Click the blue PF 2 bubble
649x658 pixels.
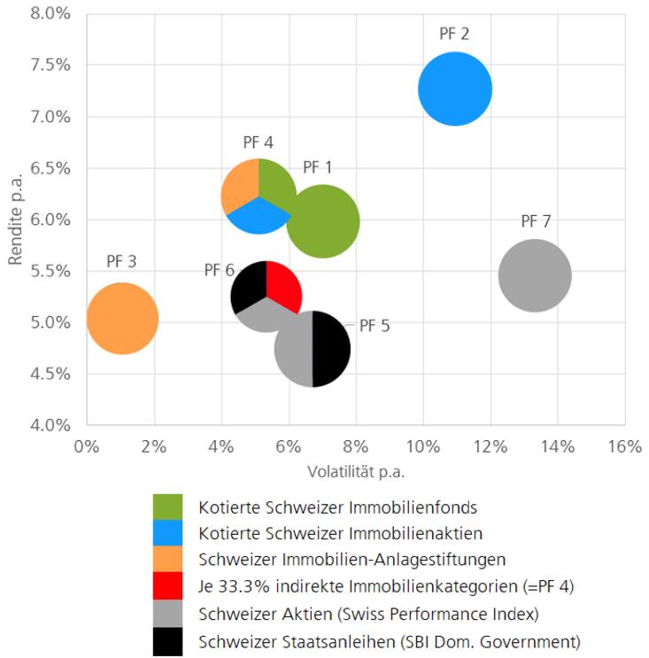(x=455, y=89)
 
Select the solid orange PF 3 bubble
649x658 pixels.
(x=122, y=318)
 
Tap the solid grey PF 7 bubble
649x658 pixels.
(x=535, y=276)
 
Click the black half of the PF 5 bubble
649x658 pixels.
(x=331, y=349)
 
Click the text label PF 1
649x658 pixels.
(x=318, y=167)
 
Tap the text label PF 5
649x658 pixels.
(x=375, y=326)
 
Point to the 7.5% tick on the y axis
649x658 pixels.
(x=52, y=66)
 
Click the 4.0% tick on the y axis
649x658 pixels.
(x=52, y=425)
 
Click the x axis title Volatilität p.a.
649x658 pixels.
(x=355, y=471)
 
